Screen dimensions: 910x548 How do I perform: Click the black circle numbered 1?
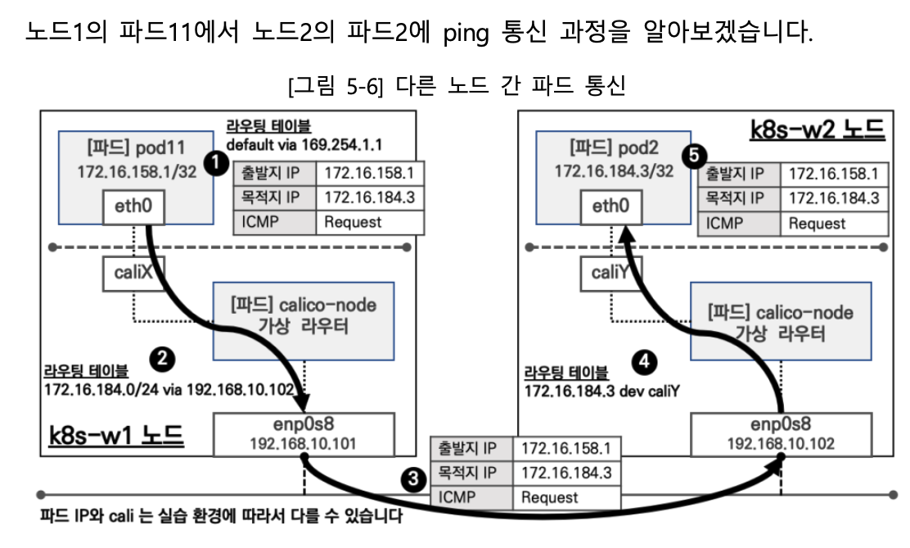coord(217,163)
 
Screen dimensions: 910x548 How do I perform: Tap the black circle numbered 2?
coord(162,359)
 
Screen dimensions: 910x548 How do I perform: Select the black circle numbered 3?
coord(413,479)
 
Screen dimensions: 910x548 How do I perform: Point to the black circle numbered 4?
coord(644,362)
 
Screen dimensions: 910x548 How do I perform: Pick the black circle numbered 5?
coord(694,155)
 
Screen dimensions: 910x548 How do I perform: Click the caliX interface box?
coord(133,273)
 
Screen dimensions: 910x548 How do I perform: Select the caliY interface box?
coord(610,273)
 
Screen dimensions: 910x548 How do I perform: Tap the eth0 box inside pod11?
coord(133,207)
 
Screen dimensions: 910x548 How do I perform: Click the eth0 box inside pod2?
coord(611,207)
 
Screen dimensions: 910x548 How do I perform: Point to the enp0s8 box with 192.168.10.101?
coord(304,434)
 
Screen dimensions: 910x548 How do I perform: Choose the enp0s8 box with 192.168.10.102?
coord(782,434)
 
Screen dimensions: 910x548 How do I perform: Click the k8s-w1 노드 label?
coord(116,435)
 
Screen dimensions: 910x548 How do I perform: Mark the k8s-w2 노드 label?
coord(818,129)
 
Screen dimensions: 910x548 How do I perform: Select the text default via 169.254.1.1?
coord(304,144)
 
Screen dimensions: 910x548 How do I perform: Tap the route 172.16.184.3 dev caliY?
coord(601,391)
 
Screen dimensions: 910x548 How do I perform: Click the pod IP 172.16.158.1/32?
coord(137,172)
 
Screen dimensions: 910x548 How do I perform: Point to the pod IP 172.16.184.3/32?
coord(614,171)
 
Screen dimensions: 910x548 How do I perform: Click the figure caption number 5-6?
coord(365,86)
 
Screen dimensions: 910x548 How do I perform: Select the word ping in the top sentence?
coord(466,34)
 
